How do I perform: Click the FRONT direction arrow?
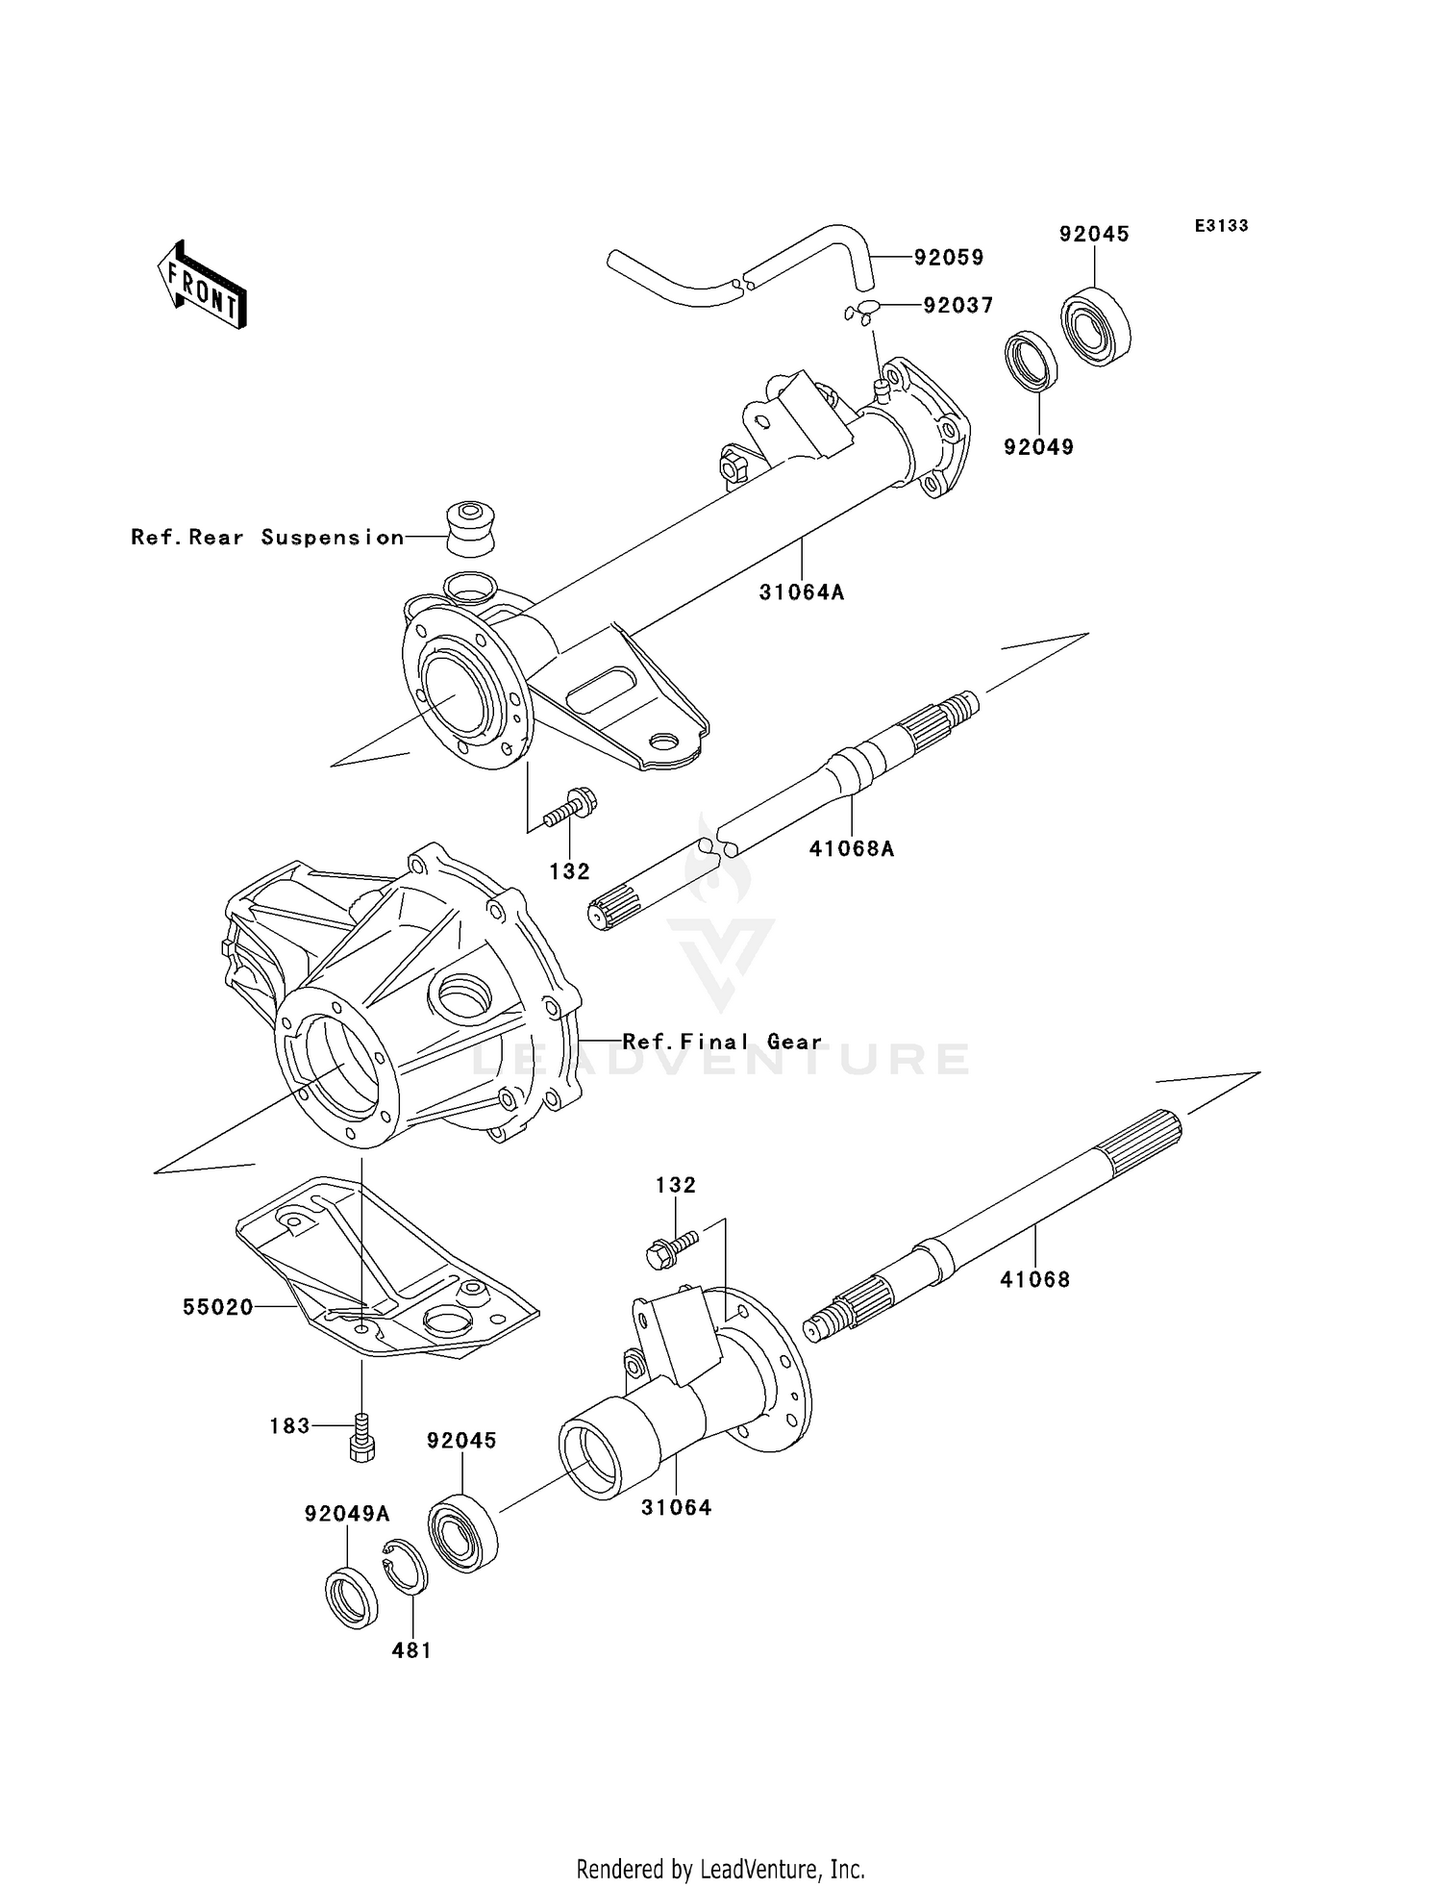click(x=203, y=287)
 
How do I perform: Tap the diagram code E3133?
click(x=1221, y=226)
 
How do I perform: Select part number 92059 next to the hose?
click(x=948, y=258)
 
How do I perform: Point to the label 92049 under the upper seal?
click(x=1038, y=447)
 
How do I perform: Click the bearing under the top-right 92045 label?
click(x=1095, y=326)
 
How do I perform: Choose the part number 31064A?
click(x=801, y=592)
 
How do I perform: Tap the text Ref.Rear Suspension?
click(x=267, y=538)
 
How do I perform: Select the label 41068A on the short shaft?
click(x=851, y=848)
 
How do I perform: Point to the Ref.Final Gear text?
click(x=722, y=1042)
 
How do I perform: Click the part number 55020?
click(x=218, y=1307)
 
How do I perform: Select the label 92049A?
click(x=347, y=1514)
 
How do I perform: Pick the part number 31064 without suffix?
click(x=677, y=1507)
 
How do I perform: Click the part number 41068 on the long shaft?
click(x=1034, y=1279)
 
